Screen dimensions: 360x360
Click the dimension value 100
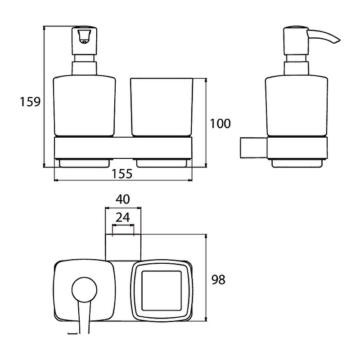(x=220, y=123)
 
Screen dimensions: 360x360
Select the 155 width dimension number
(x=122, y=174)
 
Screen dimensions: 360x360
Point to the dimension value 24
(x=123, y=217)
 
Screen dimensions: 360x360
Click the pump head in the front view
(x=84, y=37)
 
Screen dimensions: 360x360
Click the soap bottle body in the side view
(x=297, y=106)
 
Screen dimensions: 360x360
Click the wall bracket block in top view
(x=123, y=247)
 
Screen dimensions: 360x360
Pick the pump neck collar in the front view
(x=84, y=67)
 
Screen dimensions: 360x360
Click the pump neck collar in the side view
(x=296, y=67)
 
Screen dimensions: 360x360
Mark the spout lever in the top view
(x=84, y=317)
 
